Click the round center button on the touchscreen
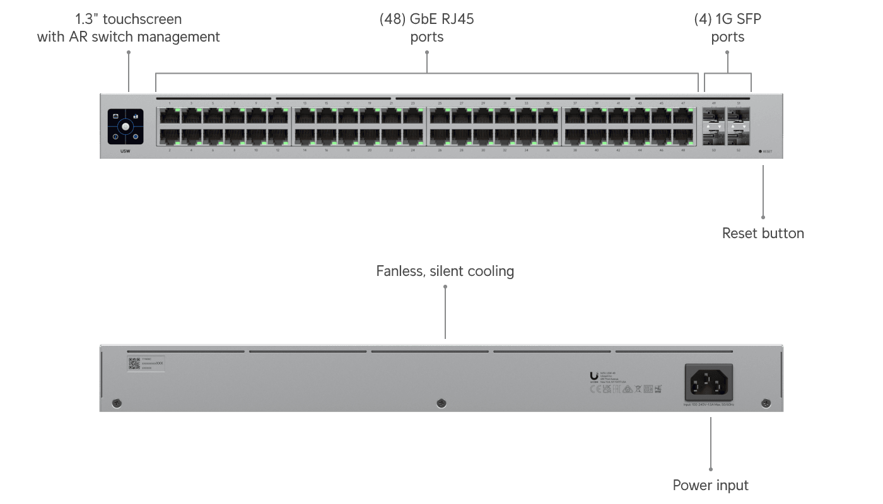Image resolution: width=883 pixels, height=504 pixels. coord(126,127)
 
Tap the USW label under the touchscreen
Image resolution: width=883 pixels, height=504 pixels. coord(126,151)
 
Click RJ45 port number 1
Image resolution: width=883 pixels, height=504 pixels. coord(170,116)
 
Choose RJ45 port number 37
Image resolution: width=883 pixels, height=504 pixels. coord(575,116)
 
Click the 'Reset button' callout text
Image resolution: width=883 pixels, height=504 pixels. coord(763,233)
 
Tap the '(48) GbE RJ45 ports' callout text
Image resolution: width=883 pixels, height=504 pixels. coord(427,28)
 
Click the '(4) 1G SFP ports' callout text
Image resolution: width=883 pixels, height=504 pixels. coord(727,28)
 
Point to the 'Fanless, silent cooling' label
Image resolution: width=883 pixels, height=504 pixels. coord(445,272)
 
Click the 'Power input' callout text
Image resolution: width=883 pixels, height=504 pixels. coord(710,485)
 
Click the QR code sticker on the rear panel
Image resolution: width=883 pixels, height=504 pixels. coord(134,364)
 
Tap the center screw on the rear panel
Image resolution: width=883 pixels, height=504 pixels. coord(441,403)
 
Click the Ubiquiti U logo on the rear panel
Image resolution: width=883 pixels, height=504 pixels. coord(594,377)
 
